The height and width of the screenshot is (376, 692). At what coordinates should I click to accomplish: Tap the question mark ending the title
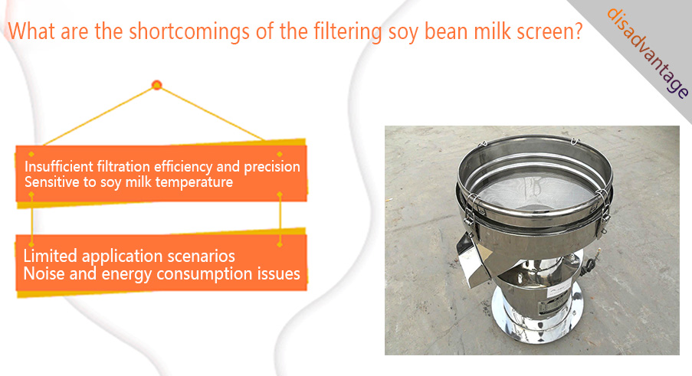coord(577,31)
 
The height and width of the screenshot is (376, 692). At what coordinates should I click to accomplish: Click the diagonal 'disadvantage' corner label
coord(647,52)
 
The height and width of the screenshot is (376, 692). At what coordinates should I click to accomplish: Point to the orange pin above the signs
coord(156,85)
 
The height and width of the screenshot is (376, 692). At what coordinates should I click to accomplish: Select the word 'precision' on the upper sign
coord(272,168)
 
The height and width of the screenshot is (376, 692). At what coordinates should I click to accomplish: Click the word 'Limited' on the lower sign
coord(51,256)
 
